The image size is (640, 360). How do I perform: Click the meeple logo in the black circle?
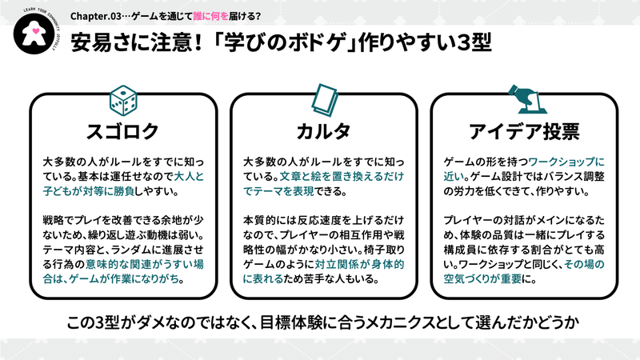34,32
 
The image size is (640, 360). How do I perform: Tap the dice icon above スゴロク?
123,101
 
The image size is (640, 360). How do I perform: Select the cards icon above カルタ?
325,100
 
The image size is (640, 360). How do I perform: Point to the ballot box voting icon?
527,99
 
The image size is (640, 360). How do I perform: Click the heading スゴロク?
122,131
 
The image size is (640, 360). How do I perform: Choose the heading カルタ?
323,131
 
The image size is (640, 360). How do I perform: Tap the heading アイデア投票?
524,131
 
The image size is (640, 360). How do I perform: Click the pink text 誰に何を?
210,16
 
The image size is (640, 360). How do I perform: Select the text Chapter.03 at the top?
95,16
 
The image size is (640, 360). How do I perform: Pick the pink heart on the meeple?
35,30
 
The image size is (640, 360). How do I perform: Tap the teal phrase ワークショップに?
566,162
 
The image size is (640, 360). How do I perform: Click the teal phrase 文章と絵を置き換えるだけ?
342,177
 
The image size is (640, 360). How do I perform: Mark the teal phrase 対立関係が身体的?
359,265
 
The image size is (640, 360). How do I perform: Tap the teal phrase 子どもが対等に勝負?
89,191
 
